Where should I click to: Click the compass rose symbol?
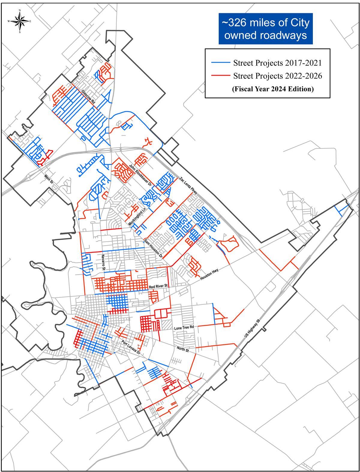pyautogui.click(x=20, y=21)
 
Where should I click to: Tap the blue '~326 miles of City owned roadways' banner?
pyautogui.click(x=265, y=29)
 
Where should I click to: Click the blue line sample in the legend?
pyautogui.click(x=220, y=63)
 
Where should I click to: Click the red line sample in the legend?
pyautogui.click(x=220, y=76)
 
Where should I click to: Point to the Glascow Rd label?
pyautogui.click(x=88, y=97)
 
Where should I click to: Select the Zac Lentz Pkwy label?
pyautogui.click(x=188, y=185)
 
